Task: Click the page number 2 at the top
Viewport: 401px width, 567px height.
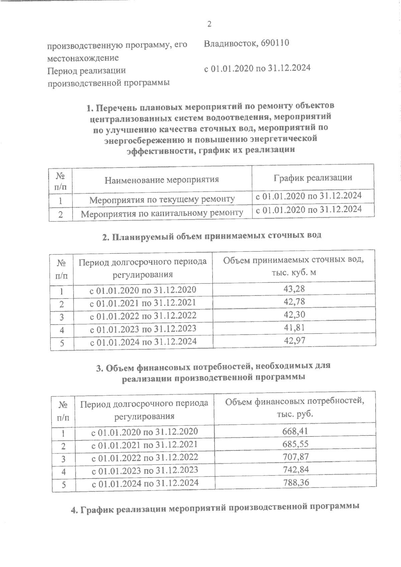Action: click(x=210, y=24)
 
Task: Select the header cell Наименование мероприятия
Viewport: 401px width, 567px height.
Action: click(x=162, y=180)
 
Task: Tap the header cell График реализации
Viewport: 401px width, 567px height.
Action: click(x=313, y=178)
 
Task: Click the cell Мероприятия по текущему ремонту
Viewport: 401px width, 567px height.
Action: click(x=162, y=200)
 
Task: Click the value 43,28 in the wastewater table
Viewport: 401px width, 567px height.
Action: click(x=294, y=288)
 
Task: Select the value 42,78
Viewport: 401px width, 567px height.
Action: click(x=294, y=302)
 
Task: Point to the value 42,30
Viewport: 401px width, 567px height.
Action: click(x=294, y=315)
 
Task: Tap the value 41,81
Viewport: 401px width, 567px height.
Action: click(x=294, y=328)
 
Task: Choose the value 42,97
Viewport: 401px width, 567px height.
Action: click(x=294, y=341)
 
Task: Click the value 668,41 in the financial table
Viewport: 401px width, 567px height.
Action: click(x=295, y=431)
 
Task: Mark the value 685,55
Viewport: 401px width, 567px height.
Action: click(x=295, y=444)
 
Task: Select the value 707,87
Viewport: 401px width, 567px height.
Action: click(x=295, y=456)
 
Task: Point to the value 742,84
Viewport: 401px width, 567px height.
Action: click(x=295, y=469)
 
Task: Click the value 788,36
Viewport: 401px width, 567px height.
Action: click(x=295, y=483)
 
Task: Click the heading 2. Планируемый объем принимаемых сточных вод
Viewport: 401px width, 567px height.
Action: click(x=211, y=235)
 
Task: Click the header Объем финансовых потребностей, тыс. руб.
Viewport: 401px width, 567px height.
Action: click(x=294, y=407)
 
